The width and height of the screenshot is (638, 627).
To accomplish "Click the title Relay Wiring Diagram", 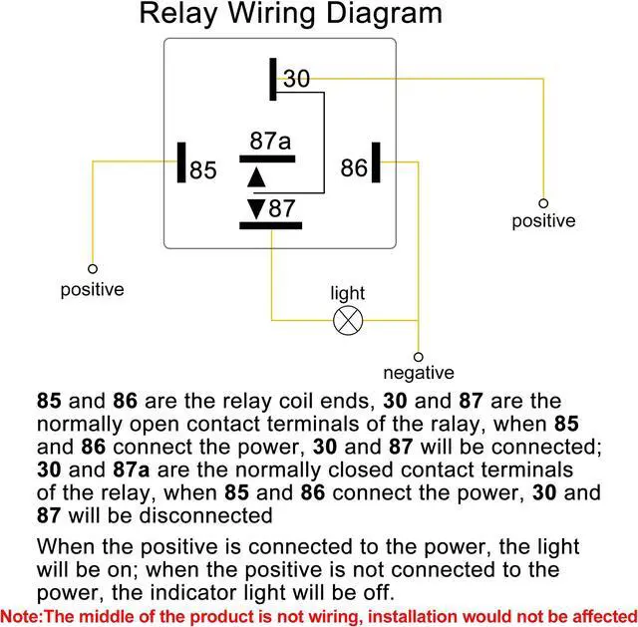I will tap(290, 14).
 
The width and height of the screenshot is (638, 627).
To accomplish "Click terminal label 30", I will tap(297, 79).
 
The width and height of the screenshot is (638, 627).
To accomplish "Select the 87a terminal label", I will tap(270, 142).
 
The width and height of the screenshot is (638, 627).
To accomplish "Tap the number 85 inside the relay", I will tap(203, 170).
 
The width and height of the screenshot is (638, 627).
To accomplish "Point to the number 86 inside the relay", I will tap(354, 168).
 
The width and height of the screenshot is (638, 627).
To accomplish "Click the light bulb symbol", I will tap(348, 320).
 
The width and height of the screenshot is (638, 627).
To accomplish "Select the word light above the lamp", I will tap(348, 293).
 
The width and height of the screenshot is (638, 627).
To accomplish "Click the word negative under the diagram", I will tap(419, 374).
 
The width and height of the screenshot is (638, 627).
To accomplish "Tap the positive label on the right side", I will tap(543, 221).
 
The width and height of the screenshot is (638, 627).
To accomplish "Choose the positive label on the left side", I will tap(92, 290).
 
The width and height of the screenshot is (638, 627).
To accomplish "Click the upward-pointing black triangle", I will tap(256, 176).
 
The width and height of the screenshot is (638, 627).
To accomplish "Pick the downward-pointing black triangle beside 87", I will tap(256, 208).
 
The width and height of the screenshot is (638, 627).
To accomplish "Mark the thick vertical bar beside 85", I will tap(181, 163).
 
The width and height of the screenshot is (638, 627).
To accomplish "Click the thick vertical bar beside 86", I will tap(377, 162).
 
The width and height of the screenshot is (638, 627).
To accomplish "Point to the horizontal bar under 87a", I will tap(270, 157).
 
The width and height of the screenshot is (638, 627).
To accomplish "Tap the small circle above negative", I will tap(419, 356).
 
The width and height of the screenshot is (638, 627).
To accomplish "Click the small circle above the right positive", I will tap(543, 202).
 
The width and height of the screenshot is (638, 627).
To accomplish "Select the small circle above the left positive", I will tap(92, 269).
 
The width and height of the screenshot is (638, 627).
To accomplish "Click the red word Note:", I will tap(21, 615).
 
